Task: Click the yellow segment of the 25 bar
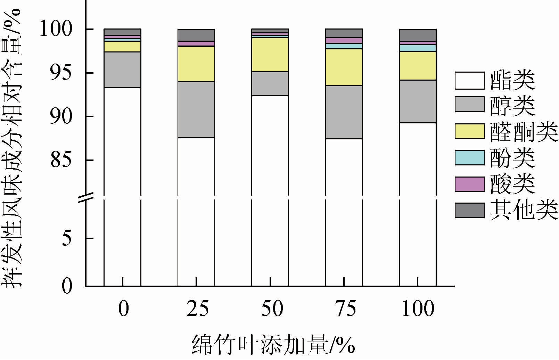point(196,64)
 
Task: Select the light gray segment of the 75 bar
point(344,112)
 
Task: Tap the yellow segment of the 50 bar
point(270,55)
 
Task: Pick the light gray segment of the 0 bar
point(122,70)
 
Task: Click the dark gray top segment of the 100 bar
point(418,35)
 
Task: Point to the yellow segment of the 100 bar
point(418,66)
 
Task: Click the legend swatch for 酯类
point(470,81)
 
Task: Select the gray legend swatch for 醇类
point(470,104)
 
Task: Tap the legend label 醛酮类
point(524,132)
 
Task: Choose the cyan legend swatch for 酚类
point(470,157)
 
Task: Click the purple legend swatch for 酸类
point(470,184)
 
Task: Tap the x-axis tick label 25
point(197,309)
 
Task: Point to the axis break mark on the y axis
point(85,198)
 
